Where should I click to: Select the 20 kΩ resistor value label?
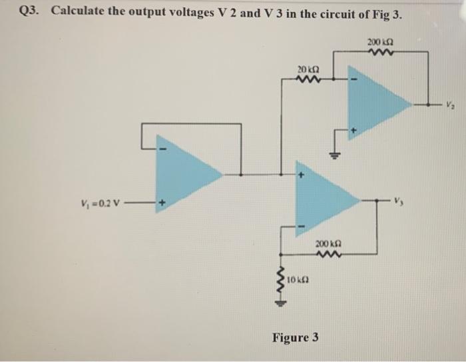pos(308,69)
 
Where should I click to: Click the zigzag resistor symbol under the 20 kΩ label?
pos(309,80)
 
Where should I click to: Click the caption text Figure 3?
pos(295,337)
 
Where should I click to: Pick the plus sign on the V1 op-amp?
pos(160,202)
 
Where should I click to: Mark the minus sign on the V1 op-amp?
pos(160,147)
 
